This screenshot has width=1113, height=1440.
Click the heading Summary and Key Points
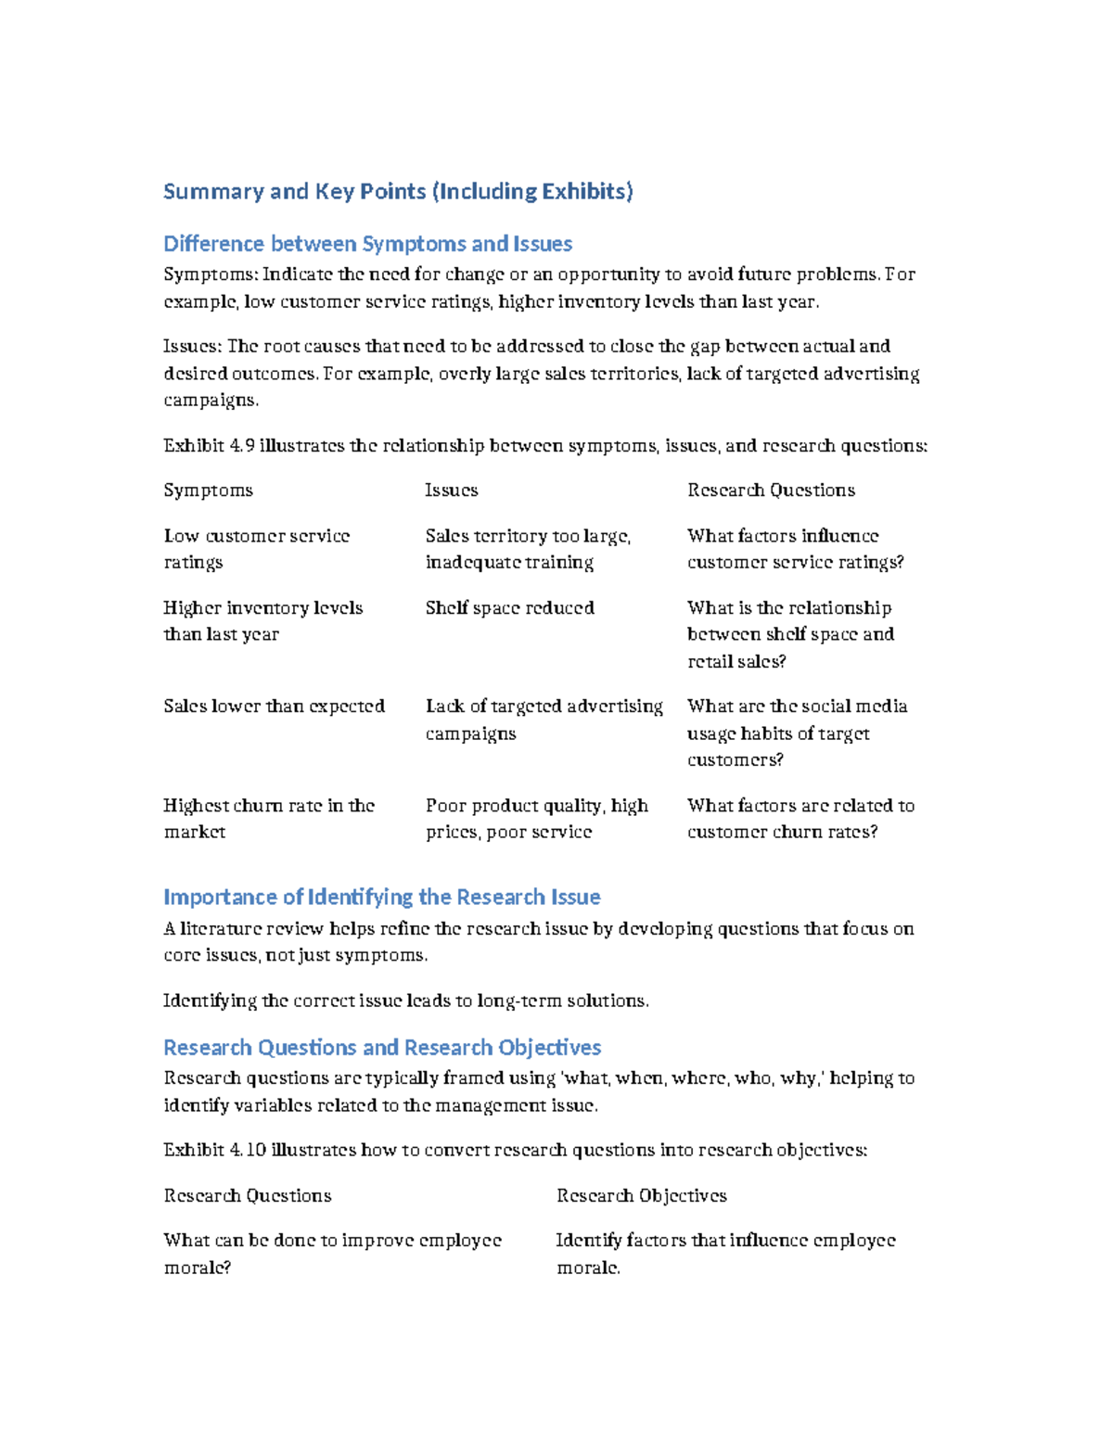[398, 192]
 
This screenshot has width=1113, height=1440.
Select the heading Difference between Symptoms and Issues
[367, 244]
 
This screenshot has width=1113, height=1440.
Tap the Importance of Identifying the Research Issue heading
[381, 898]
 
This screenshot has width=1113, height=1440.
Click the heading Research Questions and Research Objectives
[381, 1048]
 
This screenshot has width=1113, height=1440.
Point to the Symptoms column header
[208, 491]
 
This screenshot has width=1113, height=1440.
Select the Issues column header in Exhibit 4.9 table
[451, 491]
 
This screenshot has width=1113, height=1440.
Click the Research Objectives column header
[641, 1196]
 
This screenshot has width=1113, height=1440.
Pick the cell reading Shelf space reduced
[509, 608]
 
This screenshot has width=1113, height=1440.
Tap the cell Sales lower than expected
[274, 707]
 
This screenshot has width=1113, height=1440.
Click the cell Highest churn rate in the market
[268, 819]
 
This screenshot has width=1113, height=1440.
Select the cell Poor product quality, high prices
[536, 819]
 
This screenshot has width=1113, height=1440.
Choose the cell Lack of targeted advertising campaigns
[544, 720]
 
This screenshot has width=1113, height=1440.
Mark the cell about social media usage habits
[796, 733]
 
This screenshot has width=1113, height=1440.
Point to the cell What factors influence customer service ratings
[795, 549]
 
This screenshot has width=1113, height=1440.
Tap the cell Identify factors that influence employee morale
[724, 1254]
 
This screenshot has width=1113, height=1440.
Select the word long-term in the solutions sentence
[514, 1001]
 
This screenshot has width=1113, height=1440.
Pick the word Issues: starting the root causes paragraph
[192, 347]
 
